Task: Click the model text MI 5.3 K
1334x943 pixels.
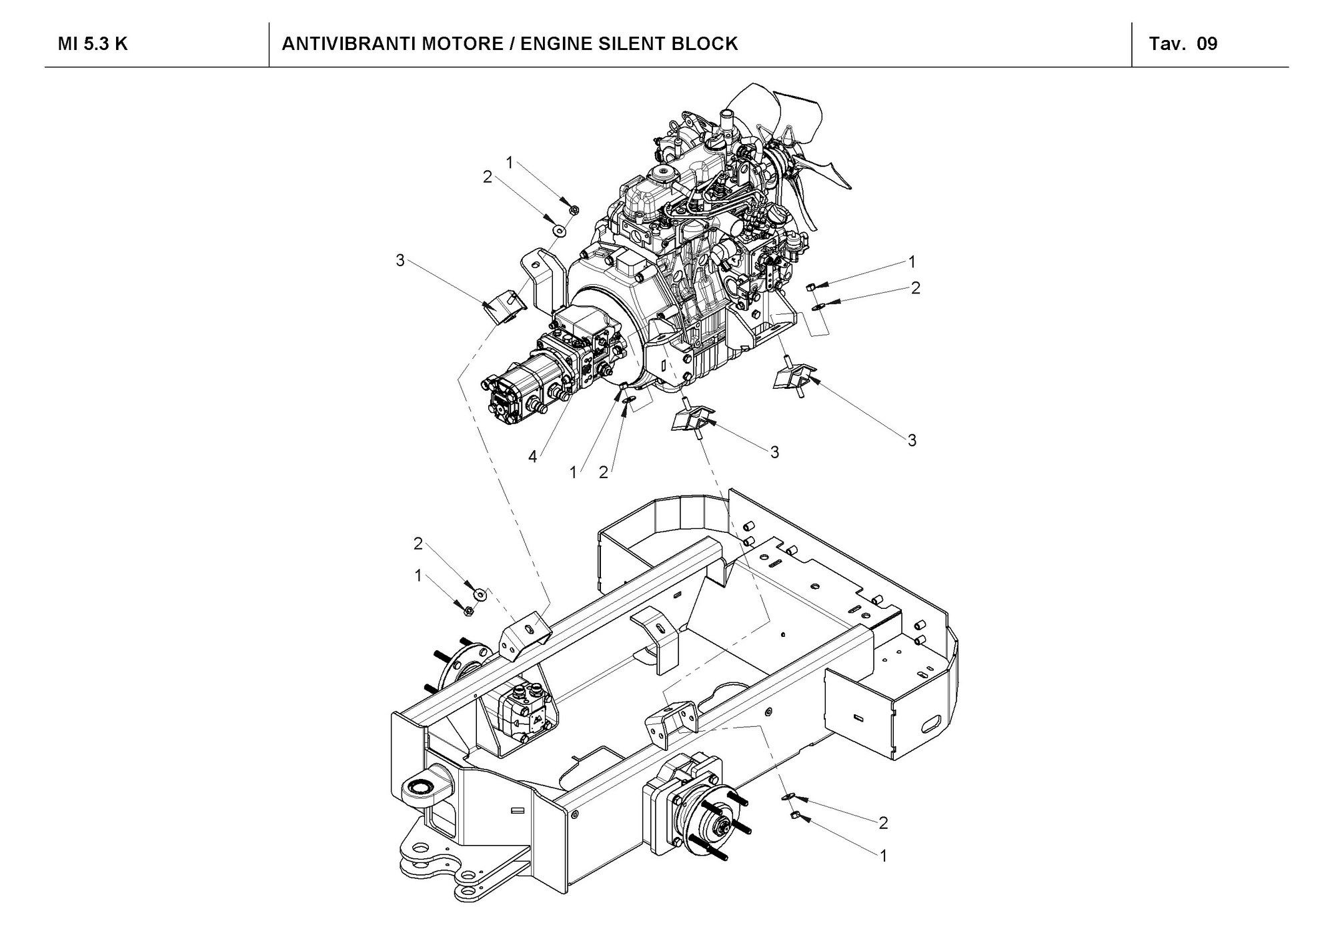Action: (x=93, y=44)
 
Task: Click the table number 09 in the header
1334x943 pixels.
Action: (x=1207, y=44)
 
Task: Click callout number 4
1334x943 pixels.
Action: (x=532, y=457)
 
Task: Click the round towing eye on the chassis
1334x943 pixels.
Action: (x=422, y=788)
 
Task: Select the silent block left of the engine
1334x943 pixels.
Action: (x=505, y=305)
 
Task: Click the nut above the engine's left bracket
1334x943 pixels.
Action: (x=573, y=209)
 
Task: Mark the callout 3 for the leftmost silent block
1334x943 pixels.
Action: (x=400, y=261)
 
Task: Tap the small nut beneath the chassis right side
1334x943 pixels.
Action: (x=795, y=814)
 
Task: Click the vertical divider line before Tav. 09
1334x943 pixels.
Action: (x=1132, y=44)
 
